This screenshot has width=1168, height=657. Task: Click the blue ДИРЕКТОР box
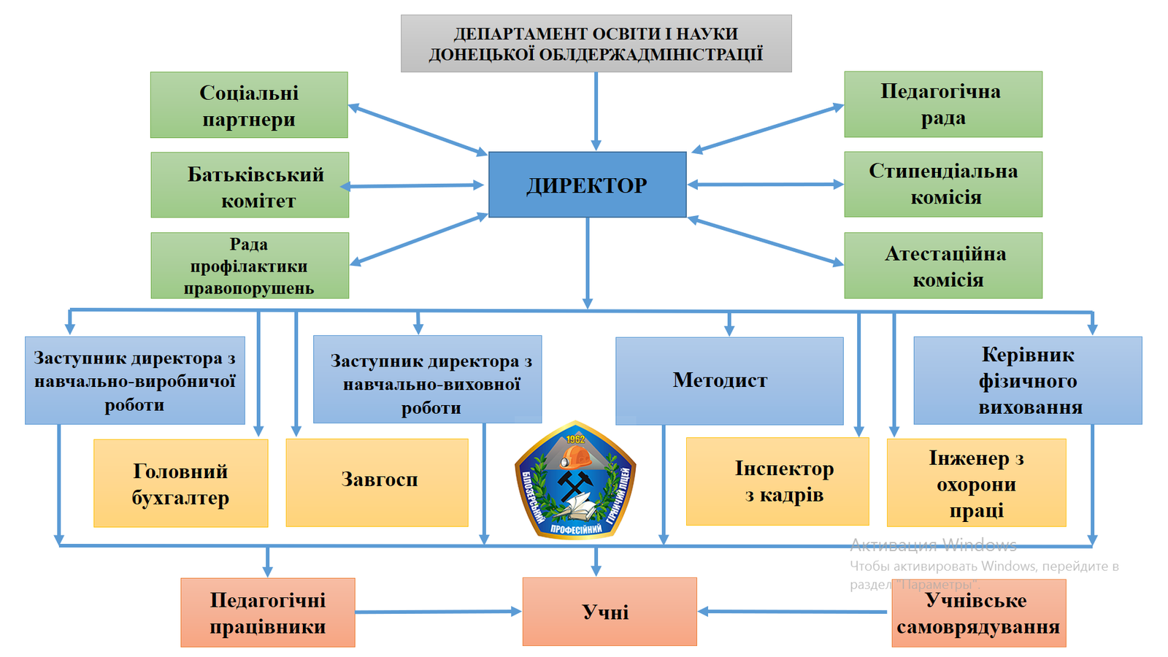point(587,185)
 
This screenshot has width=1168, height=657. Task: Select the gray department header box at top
point(596,44)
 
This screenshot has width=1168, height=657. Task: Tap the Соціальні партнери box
point(249,105)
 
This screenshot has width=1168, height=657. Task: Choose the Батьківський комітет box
point(250,185)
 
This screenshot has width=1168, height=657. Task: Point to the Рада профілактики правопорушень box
point(250,266)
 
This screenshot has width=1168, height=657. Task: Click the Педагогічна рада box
point(943,104)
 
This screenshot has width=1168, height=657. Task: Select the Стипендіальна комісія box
point(943,185)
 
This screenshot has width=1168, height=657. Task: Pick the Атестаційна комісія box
point(943,266)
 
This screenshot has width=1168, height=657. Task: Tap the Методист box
point(729,380)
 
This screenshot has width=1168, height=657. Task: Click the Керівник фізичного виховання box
point(1028,380)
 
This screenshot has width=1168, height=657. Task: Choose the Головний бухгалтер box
point(180,483)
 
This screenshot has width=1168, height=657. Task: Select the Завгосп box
point(377,483)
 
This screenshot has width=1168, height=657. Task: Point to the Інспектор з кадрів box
point(777,482)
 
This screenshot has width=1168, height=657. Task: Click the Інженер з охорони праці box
point(976,483)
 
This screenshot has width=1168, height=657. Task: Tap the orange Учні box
point(610,612)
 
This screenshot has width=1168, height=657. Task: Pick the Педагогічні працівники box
point(268,612)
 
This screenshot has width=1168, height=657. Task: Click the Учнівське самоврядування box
point(978,613)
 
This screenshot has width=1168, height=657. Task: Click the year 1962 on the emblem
point(575,439)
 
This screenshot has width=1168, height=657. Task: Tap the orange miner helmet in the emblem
point(576,458)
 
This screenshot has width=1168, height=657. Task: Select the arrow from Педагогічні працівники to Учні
point(438,612)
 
